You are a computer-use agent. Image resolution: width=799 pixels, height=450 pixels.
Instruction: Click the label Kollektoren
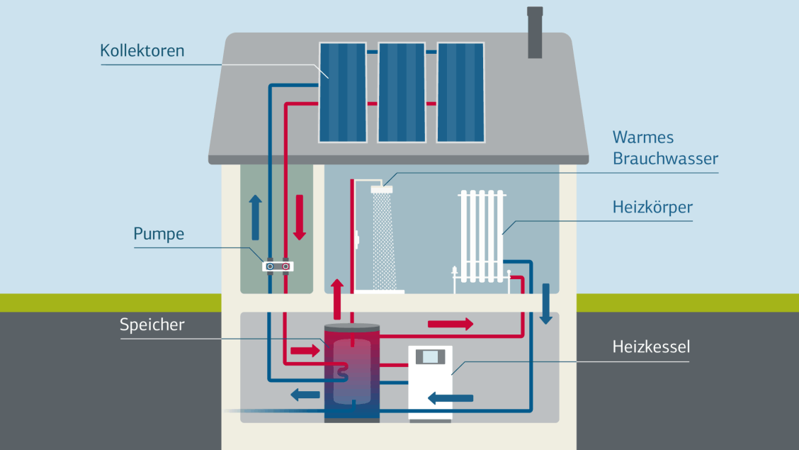[142, 51]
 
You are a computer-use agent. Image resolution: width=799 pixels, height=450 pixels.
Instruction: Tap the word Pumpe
[159, 233]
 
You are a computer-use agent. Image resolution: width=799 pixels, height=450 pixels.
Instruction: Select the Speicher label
[152, 325]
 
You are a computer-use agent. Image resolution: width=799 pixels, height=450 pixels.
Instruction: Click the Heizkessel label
[651, 347]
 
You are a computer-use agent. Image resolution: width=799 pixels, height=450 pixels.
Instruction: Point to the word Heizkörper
[652, 208]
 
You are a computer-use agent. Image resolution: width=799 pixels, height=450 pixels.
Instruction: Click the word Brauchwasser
[665, 158]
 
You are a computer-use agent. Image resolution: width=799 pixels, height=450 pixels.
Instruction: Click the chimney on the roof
[535, 33]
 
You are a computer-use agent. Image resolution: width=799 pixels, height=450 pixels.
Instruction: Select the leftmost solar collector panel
[343, 91]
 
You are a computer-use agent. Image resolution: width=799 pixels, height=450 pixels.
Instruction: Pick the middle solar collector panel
[402, 91]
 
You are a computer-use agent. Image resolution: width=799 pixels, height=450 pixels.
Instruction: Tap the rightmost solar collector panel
[460, 91]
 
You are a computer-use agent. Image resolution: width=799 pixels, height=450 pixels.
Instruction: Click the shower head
[382, 189]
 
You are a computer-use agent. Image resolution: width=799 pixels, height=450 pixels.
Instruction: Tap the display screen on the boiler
[430, 356]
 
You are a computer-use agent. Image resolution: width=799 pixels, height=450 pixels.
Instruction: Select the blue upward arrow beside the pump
[256, 217]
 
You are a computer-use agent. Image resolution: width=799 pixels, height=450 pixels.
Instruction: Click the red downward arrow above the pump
[299, 217]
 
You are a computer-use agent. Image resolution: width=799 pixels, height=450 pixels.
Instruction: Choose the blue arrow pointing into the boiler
[450, 399]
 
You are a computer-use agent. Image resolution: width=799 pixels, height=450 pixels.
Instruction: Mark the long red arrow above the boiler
[450, 324]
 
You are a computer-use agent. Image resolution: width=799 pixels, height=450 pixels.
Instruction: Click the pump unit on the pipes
[278, 266]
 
